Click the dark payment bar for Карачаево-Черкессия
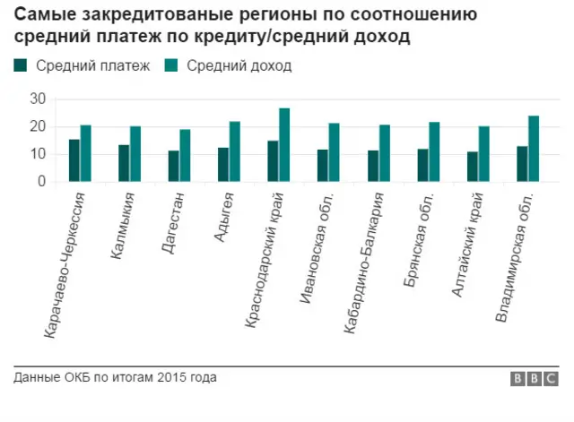pos(74,160)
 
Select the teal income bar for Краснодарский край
pos(284,145)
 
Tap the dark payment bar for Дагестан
pos(173,166)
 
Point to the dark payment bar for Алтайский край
pos(471,167)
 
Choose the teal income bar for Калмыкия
pos(135,154)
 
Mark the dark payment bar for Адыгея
pos(223,165)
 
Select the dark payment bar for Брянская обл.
pos(422,165)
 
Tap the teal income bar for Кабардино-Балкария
pos(384,153)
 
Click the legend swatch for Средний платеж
pos(21,65)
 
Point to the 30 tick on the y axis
pos(38,99)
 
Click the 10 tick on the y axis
pos(38,154)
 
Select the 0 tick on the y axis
pos(41,182)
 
